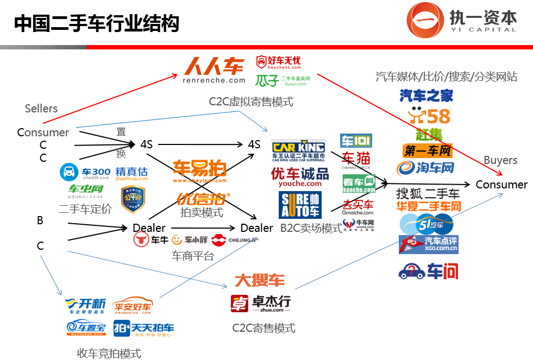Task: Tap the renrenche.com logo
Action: click(x=214, y=71)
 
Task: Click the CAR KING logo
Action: click(x=298, y=150)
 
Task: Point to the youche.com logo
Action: click(x=299, y=176)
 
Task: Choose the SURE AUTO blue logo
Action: click(x=300, y=205)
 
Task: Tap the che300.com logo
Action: click(x=85, y=172)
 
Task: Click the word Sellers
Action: click(x=41, y=109)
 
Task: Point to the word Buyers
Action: click(x=500, y=160)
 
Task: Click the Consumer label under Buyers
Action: click(x=501, y=185)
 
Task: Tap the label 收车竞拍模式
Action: click(x=109, y=353)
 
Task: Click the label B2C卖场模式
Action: click(x=311, y=228)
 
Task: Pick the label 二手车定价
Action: click(x=85, y=209)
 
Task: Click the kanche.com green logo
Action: click(x=359, y=184)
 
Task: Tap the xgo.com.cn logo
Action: click(x=428, y=244)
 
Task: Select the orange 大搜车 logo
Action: click(x=259, y=281)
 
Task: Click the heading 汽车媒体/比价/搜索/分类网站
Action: click(x=446, y=76)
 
